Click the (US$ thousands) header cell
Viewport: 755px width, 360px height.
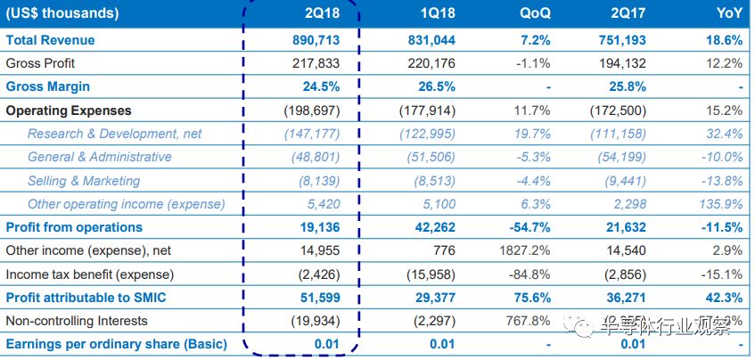coord(62,14)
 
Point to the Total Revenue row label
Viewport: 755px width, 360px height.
coord(50,40)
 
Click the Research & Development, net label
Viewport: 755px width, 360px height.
coord(114,134)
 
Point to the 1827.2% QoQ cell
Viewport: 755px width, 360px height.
coord(524,250)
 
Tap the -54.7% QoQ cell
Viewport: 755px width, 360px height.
coord(528,227)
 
